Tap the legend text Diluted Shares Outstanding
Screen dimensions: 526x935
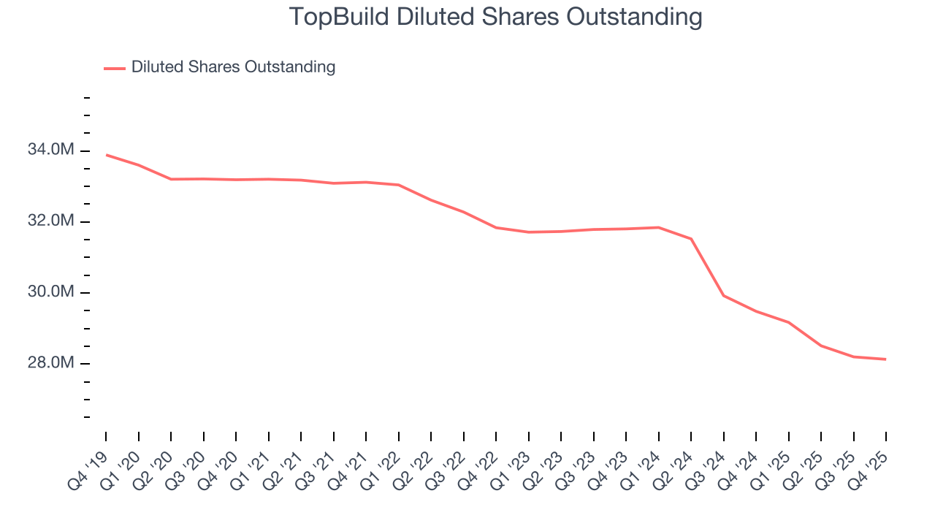pyautogui.click(x=233, y=67)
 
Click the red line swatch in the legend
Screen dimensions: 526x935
pyautogui.click(x=115, y=68)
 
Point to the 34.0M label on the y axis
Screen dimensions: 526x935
pyautogui.click(x=50, y=150)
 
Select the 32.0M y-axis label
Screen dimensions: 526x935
pyautogui.click(x=50, y=221)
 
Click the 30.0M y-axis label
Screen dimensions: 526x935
pyautogui.click(x=50, y=292)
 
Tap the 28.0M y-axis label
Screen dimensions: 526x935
pyautogui.click(x=50, y=363)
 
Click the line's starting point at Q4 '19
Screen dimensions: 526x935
pyautogui.click(x=106, y=155)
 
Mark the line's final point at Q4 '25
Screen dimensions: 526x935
pyautogui.click(x=886, y=359)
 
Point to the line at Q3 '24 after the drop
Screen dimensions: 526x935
pyautogui.click(x=723, y=295)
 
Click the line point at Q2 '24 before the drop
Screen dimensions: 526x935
pyautogui.click(x=691, y=238)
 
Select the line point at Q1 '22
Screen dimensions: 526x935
pyautogui.click(x=398, y=185)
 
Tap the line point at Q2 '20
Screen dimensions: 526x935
pyautogui.click(x=171, y=179)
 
